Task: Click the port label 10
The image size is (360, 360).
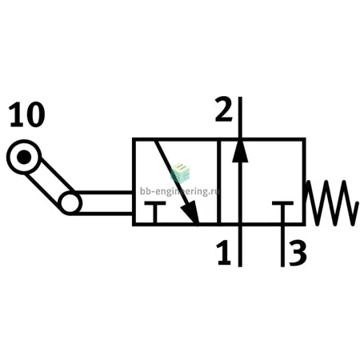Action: [27, 114]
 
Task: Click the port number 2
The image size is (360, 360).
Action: [223, 110]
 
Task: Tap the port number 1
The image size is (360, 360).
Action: [223, 252]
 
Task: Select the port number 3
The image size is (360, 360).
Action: [298, 252]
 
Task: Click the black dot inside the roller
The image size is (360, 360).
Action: [24, 157]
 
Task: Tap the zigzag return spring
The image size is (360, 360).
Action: [331, 203]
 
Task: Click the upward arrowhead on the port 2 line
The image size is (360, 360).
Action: [240, 150]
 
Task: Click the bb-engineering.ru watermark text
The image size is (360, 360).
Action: [180, 191]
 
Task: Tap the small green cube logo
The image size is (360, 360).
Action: [180, 174]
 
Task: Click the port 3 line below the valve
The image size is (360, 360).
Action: [282, 246]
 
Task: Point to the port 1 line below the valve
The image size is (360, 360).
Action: [240, 246]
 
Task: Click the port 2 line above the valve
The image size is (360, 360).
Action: [240, 118]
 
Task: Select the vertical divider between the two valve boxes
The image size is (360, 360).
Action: [219, 182]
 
